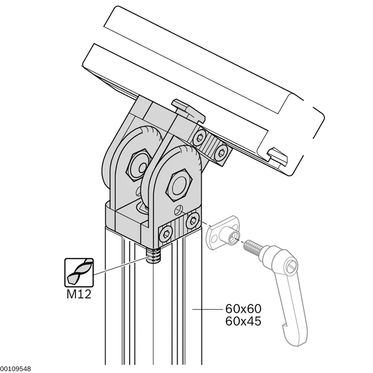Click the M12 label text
[79, 294]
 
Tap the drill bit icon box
[79, 272]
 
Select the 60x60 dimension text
[243, 309]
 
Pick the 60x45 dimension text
[243, 321]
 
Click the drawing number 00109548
[15, 369]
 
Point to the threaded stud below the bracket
[154, 256]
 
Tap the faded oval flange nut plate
[223, 233]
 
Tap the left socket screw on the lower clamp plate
[166, 235]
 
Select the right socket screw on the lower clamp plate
[193, 221]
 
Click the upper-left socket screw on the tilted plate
[199, 138]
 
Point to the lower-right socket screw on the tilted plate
[221, 152]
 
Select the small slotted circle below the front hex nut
[179, 210]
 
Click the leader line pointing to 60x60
[207, 309]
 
